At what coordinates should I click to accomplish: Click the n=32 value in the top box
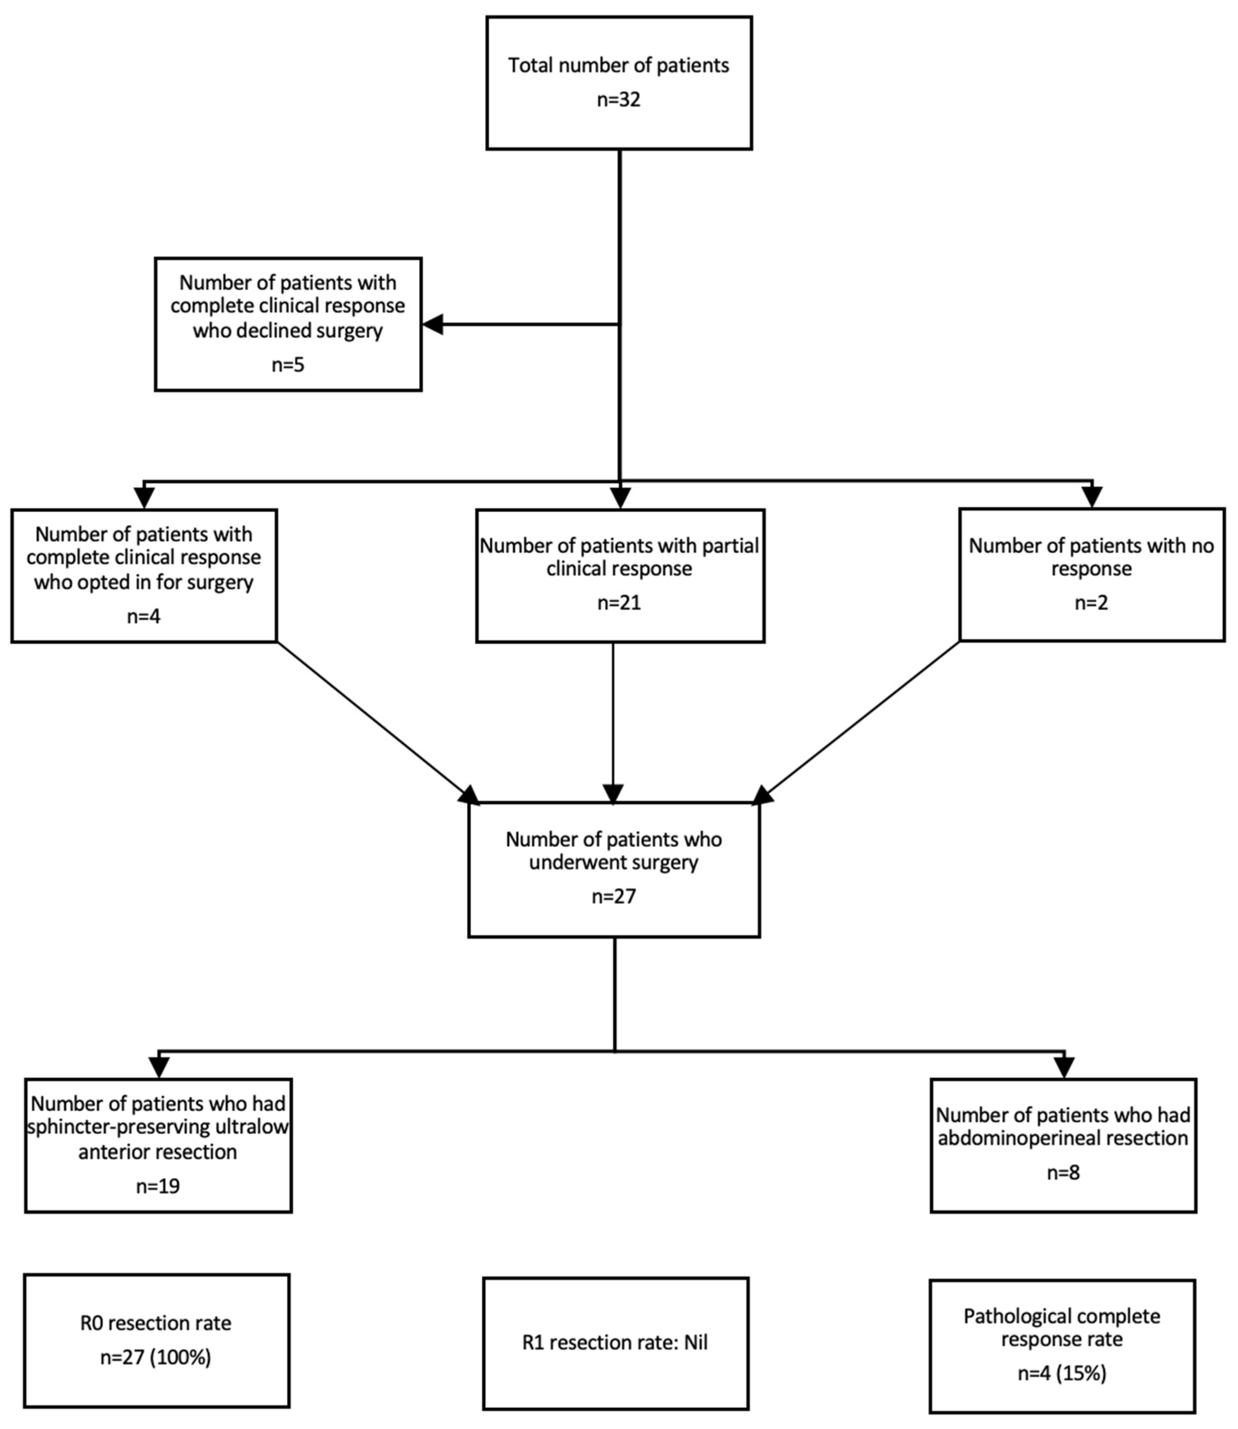pyautogui.click(x=618, y=99)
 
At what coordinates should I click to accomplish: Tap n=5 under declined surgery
pyautogui.click(x=288, y=365)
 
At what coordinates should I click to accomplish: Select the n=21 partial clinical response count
pyautogui.click(x=619, y=603)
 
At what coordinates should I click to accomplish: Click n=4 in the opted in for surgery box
pyautogui.click(x=144, y=616)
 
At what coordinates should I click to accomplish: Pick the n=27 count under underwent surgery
pyautogui.click(x=613, y=896)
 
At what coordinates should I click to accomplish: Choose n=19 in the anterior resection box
pyautogui.click(x=158, y=1186)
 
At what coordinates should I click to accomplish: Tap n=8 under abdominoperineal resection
pyautogui.click(x=1063, y=1173)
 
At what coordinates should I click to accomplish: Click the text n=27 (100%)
pyautogui.click(x=156, y=1357)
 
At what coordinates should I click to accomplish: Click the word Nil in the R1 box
pyautogui.click(x=696, y=1343)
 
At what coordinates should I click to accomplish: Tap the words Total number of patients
pyautogui.click(x=618, y=66)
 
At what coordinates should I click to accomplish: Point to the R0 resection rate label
pyautogui.click(x=156, y=1323)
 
